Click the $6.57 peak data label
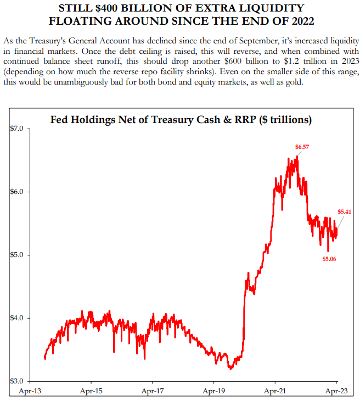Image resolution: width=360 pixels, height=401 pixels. [x=302, y=147]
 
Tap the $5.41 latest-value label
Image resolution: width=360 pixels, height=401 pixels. [x=344, y=211]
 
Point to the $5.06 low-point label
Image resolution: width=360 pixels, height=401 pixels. [x=329, y=258]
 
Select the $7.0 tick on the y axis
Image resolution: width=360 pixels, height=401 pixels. [x=18, y=129]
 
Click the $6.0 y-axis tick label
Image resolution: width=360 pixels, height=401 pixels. [x=18, y=192]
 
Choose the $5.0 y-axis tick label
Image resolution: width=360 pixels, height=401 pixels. [x=18, y=255]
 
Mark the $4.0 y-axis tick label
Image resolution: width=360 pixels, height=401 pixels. [x=18, y=319]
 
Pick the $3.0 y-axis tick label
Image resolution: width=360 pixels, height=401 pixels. [x=18, y=381]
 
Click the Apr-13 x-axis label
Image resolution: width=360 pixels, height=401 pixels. [x=30, y=392]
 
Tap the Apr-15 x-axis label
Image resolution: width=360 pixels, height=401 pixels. [x=91, y=392]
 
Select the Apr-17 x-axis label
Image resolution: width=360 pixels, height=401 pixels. [x=152, y=392]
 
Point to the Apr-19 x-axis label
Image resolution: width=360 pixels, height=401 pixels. [x=213, y=392]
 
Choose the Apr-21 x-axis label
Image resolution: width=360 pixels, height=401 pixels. [x=274, y=392]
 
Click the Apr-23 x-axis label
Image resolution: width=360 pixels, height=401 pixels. [x=336, y=392]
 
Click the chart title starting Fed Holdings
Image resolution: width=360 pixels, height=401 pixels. [x=181, y=119]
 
